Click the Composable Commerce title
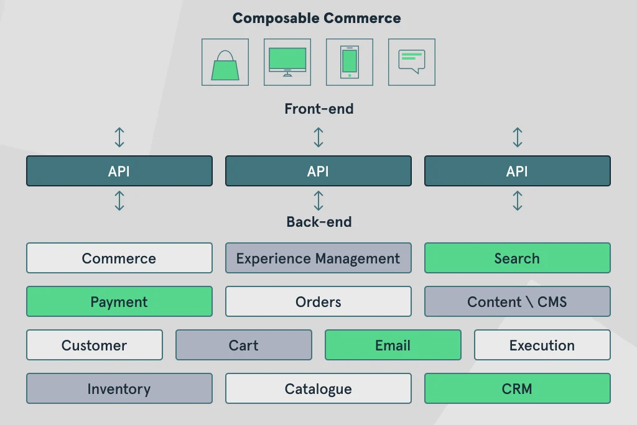tap(317, 18)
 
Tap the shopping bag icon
tap(225, 62)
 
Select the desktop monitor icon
tap(287, 62)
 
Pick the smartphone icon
tap(350, 62)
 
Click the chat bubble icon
tap(412, 62)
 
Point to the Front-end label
tap(318, 109)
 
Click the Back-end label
tap(318, 222)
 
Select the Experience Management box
tap(318, 258)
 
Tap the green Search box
tap(517, 258)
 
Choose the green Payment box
tap(119, 301)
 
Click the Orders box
tap(318, 301)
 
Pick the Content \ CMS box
tap(517, 301)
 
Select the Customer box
tap(94, 345)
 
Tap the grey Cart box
tap(243, 345)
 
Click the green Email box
tap(393, 345)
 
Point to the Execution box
tap(542, 345)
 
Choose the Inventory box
tap(119, 388)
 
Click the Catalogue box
tap(318, 388)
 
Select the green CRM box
tap(517, 388)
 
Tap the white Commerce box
tap(119, 258)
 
